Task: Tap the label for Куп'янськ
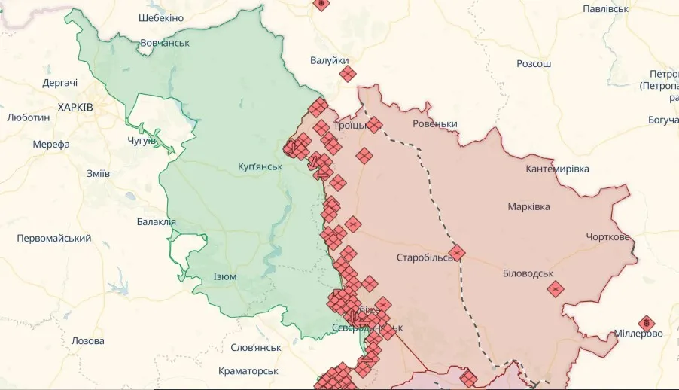tap(260, 166)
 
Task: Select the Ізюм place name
tap(224, 276)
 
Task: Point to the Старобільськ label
tap(426, 257)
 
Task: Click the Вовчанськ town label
tap(165, 43)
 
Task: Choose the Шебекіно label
tap(161, 17)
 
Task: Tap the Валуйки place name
tap(329, 59)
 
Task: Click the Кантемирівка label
tap(557, 169)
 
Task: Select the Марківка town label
tap(528, 206)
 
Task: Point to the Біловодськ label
tap(528, 273)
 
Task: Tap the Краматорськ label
tap(248, 371)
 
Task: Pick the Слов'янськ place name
tap(256, 348)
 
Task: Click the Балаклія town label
tap(156, 221)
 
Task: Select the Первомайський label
tap(54, 239)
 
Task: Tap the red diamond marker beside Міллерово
tap(646, 323)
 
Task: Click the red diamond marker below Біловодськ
tap(555, 288)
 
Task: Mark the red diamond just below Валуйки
tap(347, 74)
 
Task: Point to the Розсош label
tap(534, 63)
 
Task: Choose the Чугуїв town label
tap(142, 140)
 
